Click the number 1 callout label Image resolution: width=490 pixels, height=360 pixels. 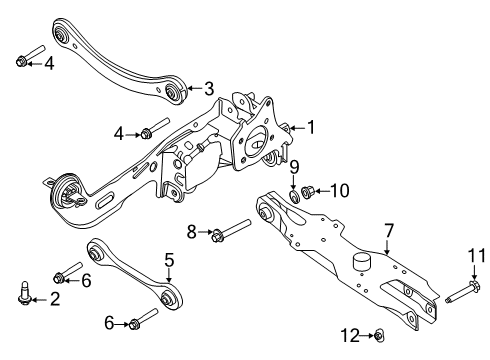pos(311,127)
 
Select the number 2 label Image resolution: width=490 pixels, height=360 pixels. pos(54,298)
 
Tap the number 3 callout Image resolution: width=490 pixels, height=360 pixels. pos(208,88)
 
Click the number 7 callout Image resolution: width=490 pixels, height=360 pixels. pos(388,231)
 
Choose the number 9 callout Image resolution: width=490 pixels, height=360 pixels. pos(294,166)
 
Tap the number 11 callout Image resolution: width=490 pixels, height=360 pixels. pos(474,257)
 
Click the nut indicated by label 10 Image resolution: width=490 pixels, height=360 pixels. pos(310,189)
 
